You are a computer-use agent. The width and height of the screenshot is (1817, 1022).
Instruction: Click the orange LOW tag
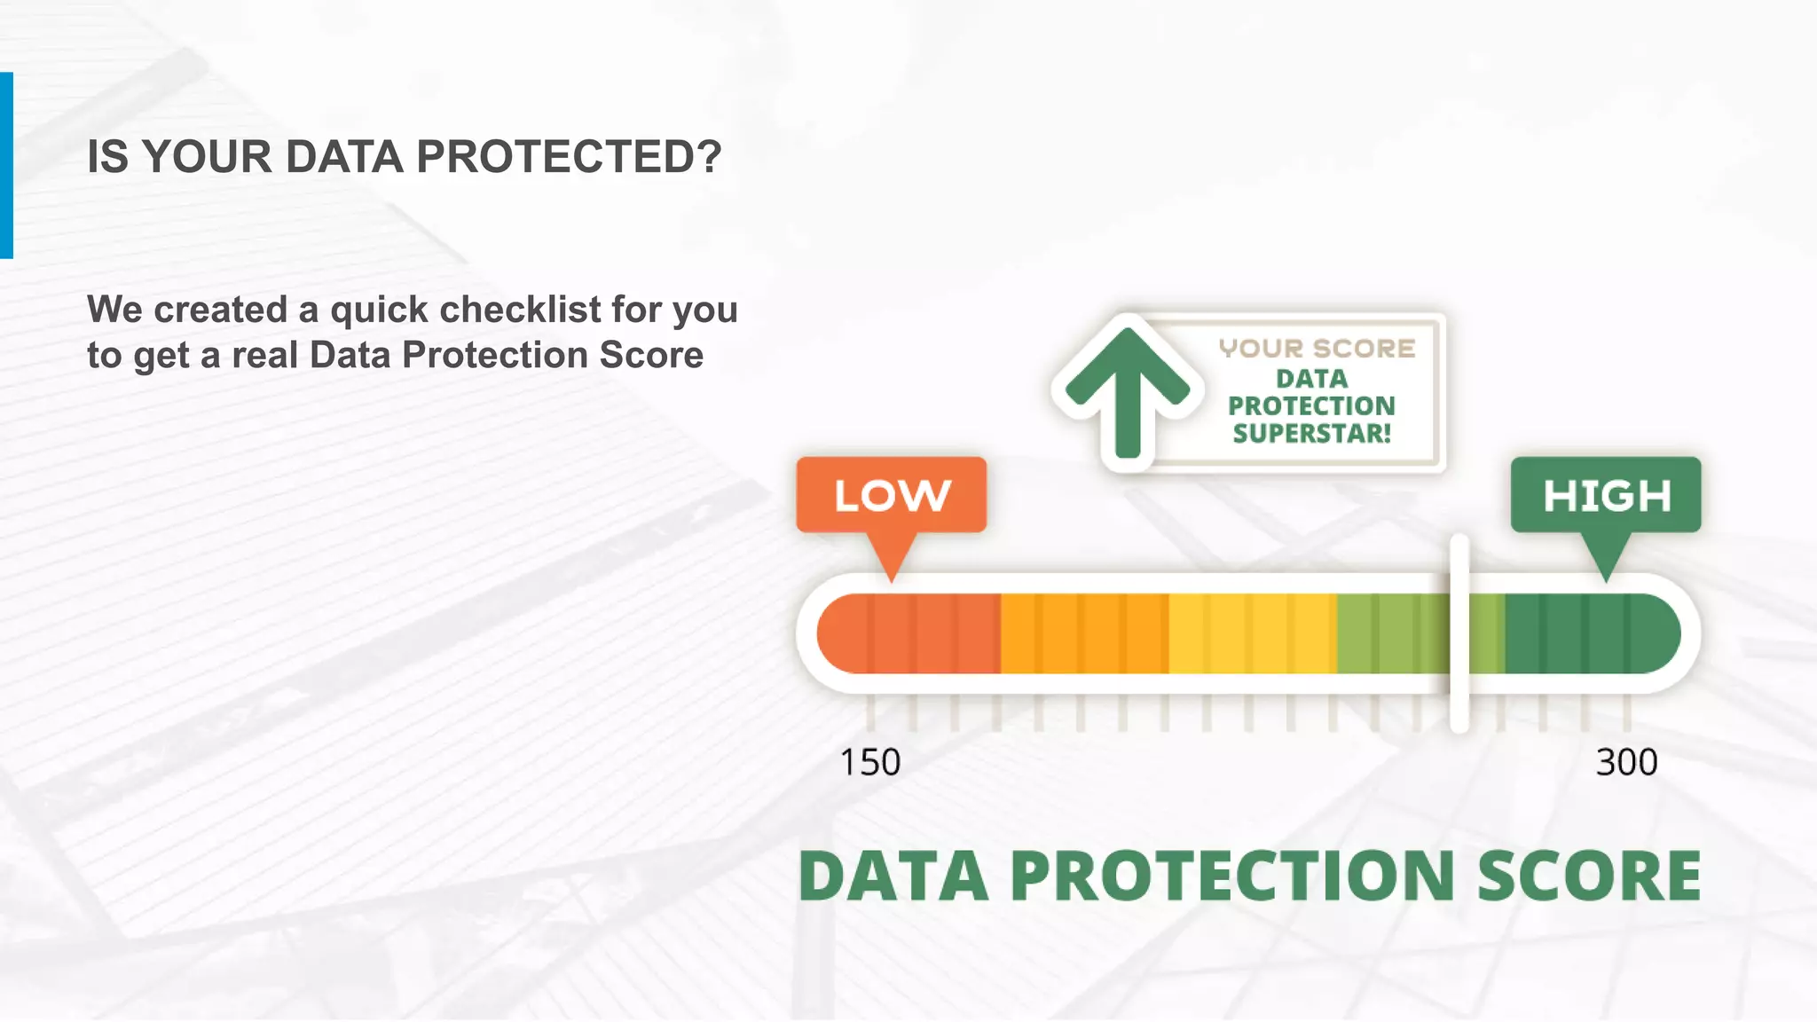tap(891, 495)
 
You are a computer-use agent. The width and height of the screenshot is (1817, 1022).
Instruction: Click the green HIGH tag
tap(1606, 495)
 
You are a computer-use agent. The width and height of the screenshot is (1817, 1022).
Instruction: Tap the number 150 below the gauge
tap(869, 762)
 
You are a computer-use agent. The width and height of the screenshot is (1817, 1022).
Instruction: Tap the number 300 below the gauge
tap(1626, 762)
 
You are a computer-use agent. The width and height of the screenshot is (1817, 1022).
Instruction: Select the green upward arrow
tap(1127, 390)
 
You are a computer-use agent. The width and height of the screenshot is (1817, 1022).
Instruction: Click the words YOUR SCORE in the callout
tap(1317, 349)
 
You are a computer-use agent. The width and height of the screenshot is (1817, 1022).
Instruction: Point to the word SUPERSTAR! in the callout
tap(1311, 434)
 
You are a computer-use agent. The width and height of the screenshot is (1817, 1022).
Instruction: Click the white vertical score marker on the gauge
tap(1459, 633)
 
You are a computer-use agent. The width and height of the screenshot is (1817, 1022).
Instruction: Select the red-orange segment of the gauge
tap(908, 633)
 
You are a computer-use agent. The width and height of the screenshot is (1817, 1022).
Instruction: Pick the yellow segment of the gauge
tap(1252, 633)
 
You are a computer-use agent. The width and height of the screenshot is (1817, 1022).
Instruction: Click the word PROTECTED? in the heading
tap(569, 157)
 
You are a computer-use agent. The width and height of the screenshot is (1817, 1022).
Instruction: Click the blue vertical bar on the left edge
tap(6, 165)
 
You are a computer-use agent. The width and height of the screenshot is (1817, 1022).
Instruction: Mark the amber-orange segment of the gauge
tap(1084, 633)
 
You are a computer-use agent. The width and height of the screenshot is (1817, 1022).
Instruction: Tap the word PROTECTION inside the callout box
tap(1311, 406)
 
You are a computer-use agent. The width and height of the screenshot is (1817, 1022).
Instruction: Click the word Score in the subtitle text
tap(651, 355)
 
